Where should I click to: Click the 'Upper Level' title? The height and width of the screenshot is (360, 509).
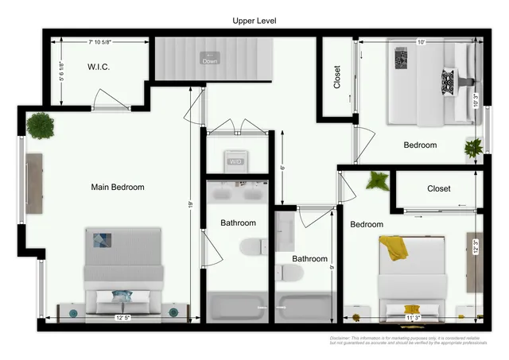[254, 19]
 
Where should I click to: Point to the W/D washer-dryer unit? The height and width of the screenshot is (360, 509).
[235, 159]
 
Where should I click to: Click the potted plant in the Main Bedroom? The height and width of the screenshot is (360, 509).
[38, 125]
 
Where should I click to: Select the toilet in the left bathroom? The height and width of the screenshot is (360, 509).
[249, 246]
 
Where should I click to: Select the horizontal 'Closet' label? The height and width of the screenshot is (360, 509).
[438, 189]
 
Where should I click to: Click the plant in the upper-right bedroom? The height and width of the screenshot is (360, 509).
[474, 147]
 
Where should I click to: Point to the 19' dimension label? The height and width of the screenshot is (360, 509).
[191, 204]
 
